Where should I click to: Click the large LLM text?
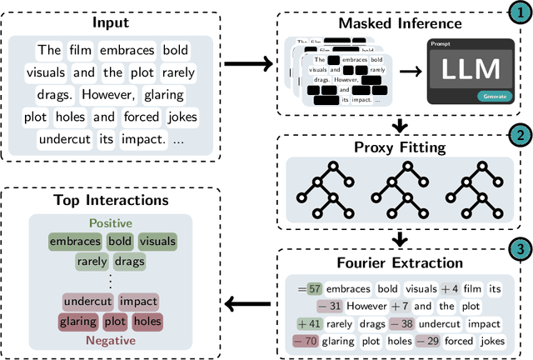tap(471, 69)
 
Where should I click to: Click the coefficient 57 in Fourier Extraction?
tap(314, 288)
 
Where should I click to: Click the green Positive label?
tap(111, 223)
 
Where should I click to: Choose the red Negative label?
tap(111, 339)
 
